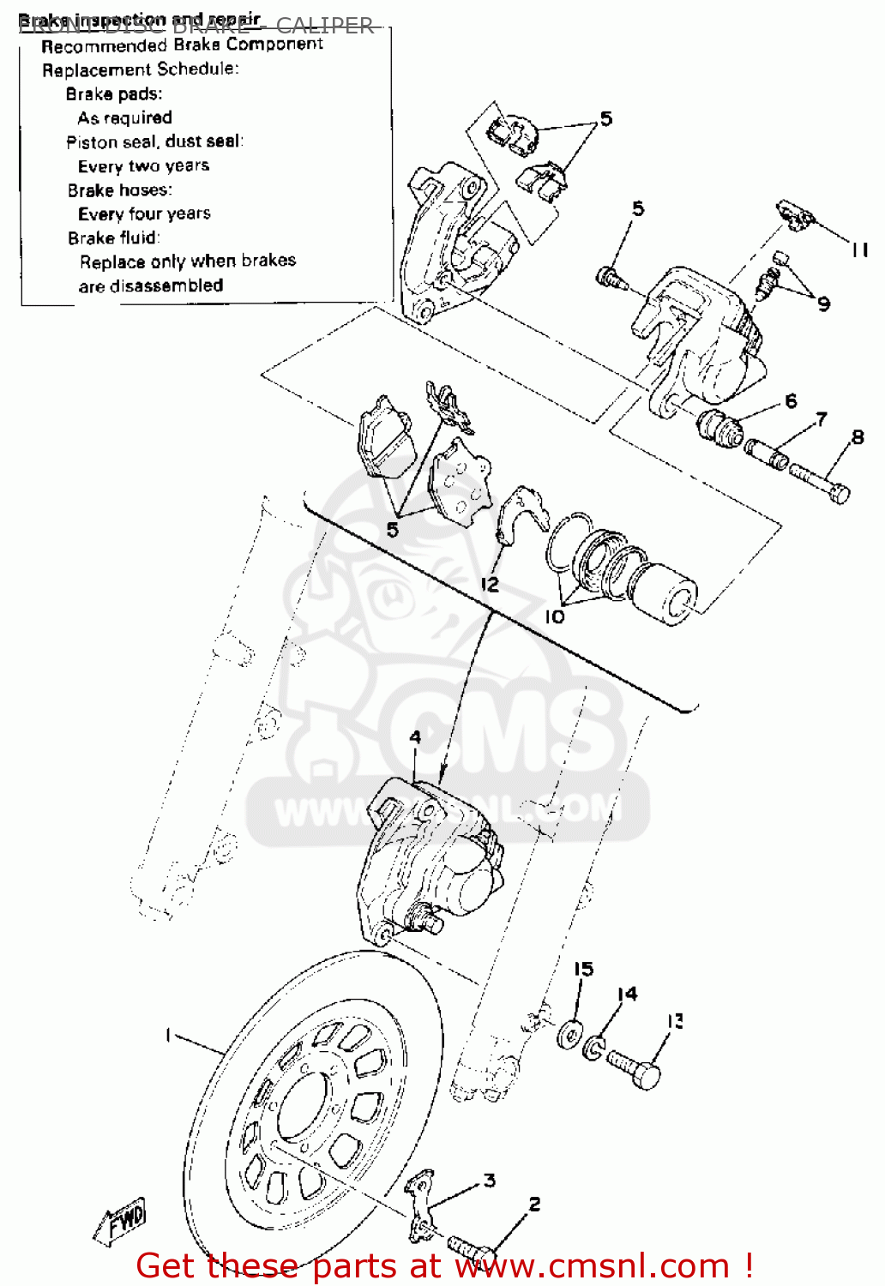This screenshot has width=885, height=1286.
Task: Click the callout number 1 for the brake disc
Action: tap(169, 1036)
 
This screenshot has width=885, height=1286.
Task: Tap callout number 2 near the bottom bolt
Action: tap(534, 1205)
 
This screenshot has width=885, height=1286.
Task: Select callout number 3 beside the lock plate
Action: tap(489, 1181)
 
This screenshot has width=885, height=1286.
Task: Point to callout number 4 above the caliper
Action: tap(415, 737)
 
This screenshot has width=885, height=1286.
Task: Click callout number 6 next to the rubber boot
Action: tap(790, 400)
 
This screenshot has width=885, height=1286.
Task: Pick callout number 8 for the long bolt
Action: tap(858, 438)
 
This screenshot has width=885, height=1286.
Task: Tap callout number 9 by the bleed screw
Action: tap(823, 303)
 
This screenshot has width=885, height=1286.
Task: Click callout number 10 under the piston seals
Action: tap(555, 616)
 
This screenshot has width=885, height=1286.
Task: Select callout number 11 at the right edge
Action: tap(859, 250)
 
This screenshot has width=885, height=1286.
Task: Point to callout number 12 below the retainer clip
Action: tap(490, 585)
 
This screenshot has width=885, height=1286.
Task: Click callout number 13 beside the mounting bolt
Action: tap(676, 1021)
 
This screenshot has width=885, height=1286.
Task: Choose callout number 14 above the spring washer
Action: tap(628, 994)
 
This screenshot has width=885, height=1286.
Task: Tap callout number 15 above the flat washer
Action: tap(583, 969)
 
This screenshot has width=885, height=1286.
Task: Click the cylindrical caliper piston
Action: tap(665, 593)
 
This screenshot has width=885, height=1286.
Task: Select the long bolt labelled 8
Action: tap(819, 483)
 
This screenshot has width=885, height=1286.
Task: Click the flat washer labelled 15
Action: tap(569, 1035)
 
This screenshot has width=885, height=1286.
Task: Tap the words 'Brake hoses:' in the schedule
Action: tap(120, 190)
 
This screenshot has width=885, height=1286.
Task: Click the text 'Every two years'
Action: tap(143, 166)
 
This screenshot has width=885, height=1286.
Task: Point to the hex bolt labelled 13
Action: tap(635, 1068)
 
